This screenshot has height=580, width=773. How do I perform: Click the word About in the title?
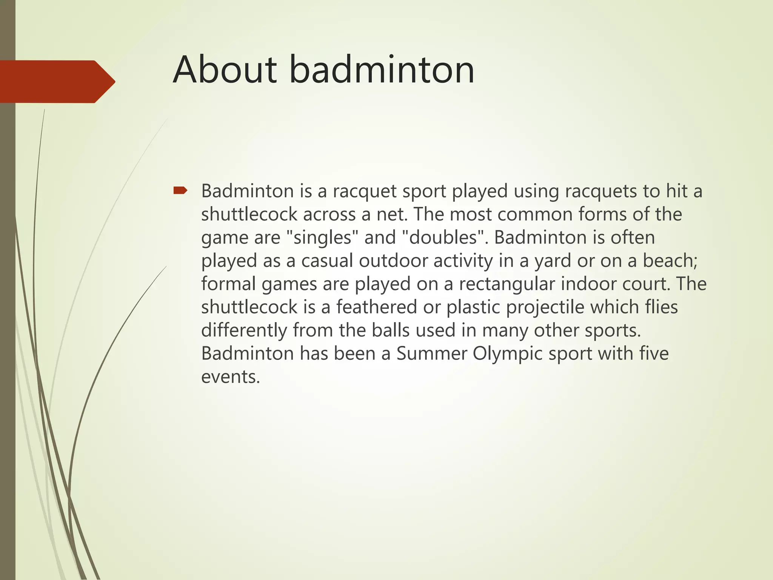pos(225,70)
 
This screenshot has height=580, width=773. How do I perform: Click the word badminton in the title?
pos(382,70)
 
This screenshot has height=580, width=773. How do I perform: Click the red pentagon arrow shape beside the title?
pos(57,82)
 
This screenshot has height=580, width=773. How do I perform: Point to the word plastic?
pos(473,307)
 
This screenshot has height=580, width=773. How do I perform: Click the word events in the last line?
pos(230,377)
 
